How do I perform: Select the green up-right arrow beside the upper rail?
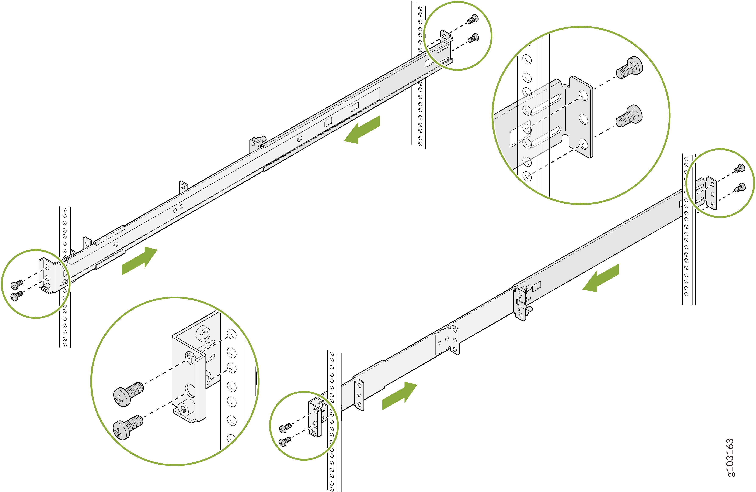point(140,261)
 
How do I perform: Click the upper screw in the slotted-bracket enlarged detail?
point(629,67)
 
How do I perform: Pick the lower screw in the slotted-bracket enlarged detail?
point(629,116)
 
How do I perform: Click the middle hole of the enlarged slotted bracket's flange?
point(583,119)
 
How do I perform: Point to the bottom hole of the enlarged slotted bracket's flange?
point(583,144)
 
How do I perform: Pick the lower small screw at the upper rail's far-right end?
point(473,38)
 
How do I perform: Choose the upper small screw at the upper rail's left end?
point(17,284)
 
